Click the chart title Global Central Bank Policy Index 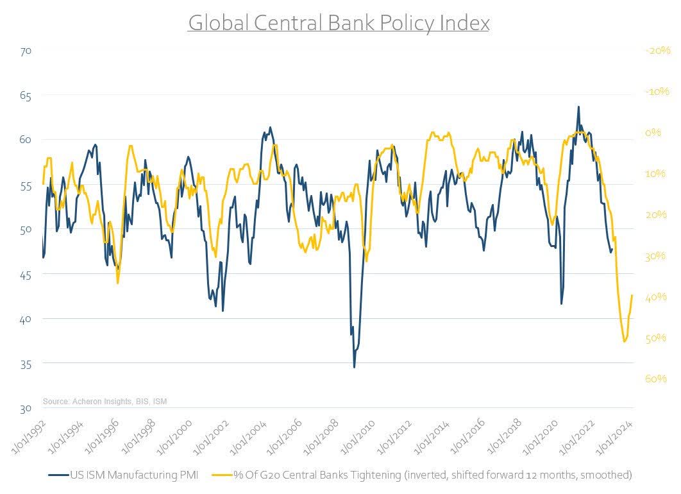click(x=339, y=23)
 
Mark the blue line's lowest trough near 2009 click(x=354, y=367)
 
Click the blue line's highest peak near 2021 click(x=578, y=106)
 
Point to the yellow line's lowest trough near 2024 click(x=625, y=341)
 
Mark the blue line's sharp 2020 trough click(x=562, y=303)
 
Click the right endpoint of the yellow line click(x=633, y=295)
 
